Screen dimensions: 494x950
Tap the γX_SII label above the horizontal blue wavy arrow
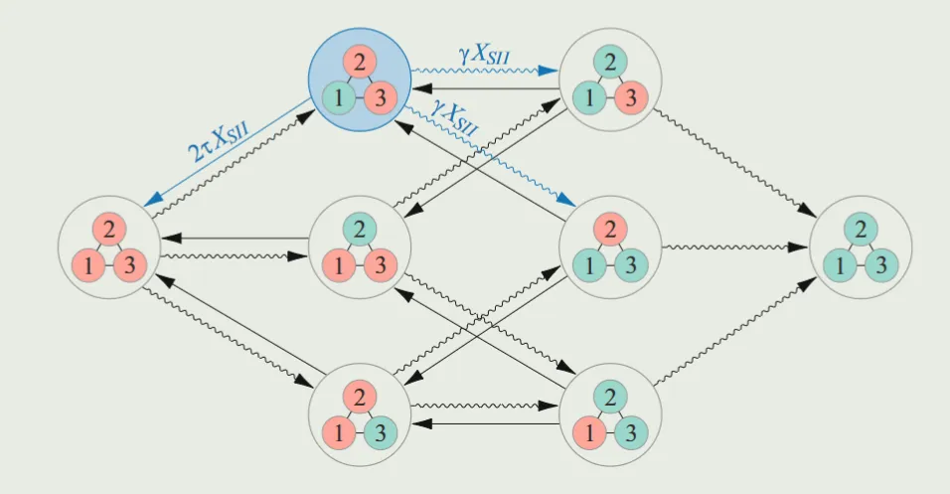point(486,56)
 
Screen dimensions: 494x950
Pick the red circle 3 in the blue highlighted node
point(377,97)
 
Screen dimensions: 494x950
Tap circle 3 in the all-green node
point(877,264)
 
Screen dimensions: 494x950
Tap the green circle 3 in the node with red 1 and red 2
point(377,433)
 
